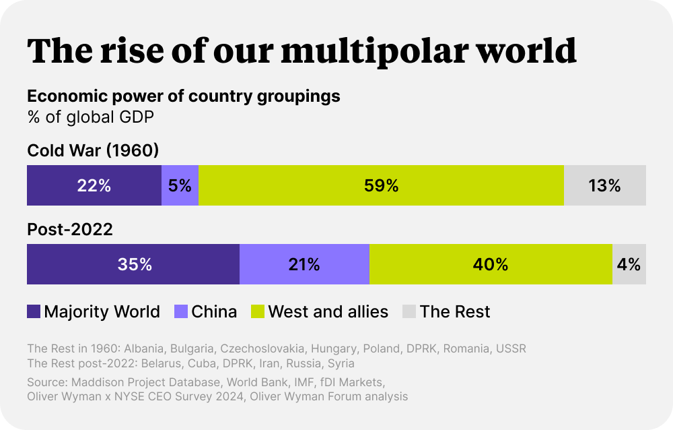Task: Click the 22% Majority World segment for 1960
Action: click(94, 185)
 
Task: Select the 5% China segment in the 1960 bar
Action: click(180, 185)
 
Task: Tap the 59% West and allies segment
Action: click(381, 185)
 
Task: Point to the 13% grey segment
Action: click(604, 185)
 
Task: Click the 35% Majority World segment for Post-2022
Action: click(133, 265)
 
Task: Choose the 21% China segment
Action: click(304, 265)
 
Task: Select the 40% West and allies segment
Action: click(491, 265)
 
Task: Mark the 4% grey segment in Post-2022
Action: click(629, 265)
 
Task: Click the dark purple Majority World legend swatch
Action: click(34, 311)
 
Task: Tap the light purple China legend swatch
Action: click(181, 311)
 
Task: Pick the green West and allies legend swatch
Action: click(258, 311)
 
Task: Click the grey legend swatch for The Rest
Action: click(409, 311)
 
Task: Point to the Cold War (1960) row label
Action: click(93, 150)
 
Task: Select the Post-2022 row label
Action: click(69, 229)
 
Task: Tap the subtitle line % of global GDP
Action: click(90, 117)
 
